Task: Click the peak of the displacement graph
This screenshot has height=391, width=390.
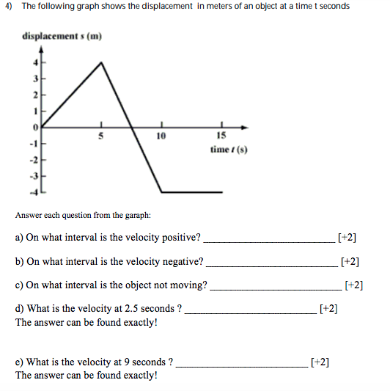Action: (x=101, y=63)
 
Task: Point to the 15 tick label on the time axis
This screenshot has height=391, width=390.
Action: (x=221, y=136)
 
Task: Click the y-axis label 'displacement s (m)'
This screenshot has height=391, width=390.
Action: (x=62, y=35)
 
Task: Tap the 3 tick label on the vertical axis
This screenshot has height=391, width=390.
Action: (x=32, y=79)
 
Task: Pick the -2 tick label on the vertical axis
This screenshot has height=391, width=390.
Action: (x=32, y=158)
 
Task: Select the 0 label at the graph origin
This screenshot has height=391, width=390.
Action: (x=33, y=126)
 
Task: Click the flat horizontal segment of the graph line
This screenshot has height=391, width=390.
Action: (x=192, y=191)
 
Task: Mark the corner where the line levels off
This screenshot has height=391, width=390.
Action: (x=161, y=191)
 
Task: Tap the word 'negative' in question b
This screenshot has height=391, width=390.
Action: (x=181, y=261)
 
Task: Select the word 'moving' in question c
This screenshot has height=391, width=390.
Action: (x=186, y=285)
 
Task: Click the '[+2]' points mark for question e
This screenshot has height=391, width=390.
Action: (x=320, y=362)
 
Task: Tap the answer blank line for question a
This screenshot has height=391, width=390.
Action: (x=268, y=240)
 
